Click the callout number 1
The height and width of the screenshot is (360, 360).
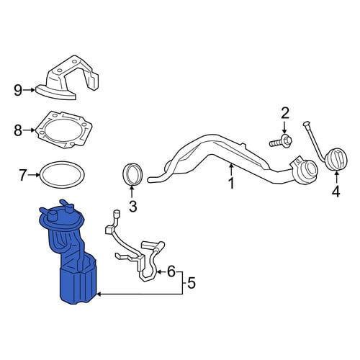(x=231, y=184)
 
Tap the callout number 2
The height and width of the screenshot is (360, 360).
(x=285, y=113)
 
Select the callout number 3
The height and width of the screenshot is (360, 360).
(x=132, y=206)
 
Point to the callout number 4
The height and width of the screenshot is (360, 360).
(x=336, y=192)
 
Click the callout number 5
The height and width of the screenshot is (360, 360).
(x=192, y=283)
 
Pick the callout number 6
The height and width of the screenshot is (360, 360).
(x=171, y=271)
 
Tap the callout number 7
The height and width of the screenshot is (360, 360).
(x=22, y=175)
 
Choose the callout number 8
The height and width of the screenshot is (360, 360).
(x=18, y=130)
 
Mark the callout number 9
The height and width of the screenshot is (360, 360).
(x=18, y=90)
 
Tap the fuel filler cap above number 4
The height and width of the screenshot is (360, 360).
(x=337, y=159)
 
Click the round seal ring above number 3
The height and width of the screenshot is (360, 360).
(x=132, y=174)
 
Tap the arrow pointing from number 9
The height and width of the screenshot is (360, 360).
(x=29, y=90)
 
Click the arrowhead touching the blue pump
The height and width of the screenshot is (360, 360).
(x=98, y=294)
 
